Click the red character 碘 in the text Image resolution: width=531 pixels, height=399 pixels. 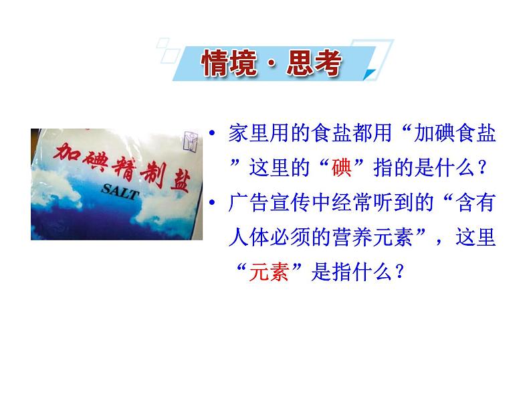(342, 167)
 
